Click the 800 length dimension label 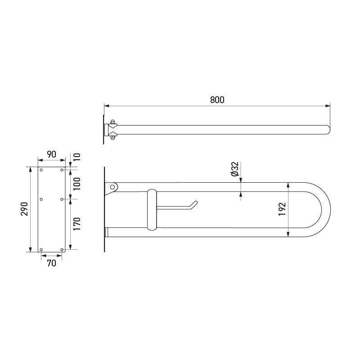pyautogui.click(x=217, y=100)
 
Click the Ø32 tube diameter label pyautogui.click(x=234, y=169)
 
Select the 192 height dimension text pyautogui.click(x=282, y=209)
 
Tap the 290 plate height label pyautogui.click(x=25, y=209)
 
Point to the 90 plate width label pyautogui.click(x=51, y=154)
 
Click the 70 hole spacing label pyautogui.click(x=51, y=263)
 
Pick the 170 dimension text pyautogui.click(x=76, y=224)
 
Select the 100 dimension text pyautogui.click(x=76, y=184)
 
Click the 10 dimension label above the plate pyautogui.click(x=76, y=157)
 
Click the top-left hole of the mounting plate pyautogui.click(x=41, y=170)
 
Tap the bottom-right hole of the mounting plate pyautogui.click(x=62, y=249)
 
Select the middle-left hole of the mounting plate pyautogui.click(x=41, y=198)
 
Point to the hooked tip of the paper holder pyautogui.click(x=195, y=204)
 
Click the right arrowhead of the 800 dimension pyautogui.click(x=328, y=106)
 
